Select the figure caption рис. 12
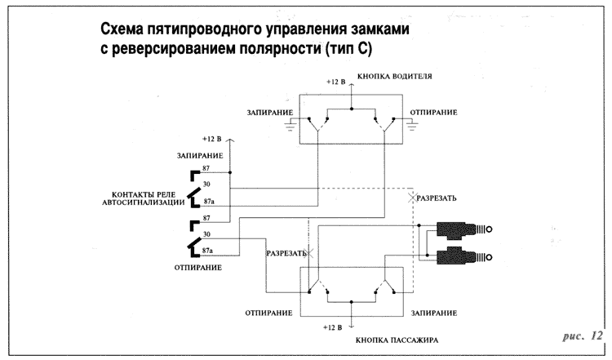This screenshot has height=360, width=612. tap(583, 336)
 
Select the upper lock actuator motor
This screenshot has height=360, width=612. tap(462, 229)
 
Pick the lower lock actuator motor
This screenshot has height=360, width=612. tap(462, 258)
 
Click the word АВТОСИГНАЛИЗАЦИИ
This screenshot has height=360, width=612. tap(149, 202)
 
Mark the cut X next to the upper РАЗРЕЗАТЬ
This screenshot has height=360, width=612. tap(410, 198)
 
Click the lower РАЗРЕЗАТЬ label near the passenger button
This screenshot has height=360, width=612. tap(286, 253)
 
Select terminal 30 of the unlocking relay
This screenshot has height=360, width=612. tap(206, 235)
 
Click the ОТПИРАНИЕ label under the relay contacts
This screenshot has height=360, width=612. tap(197, 267)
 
